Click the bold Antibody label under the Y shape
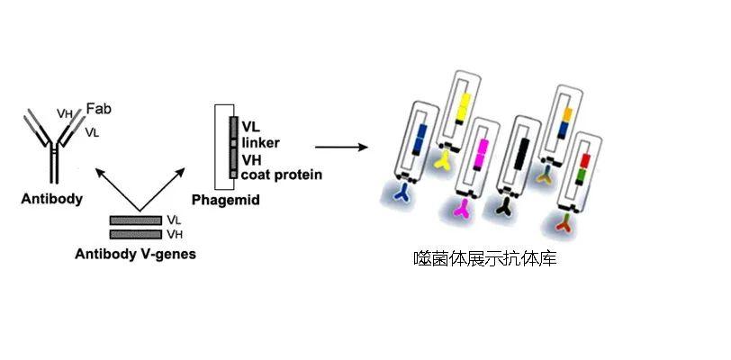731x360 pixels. [52, 199]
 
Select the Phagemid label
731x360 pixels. [226, 200]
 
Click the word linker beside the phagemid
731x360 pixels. [261, 143]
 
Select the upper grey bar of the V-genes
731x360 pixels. [135, 220]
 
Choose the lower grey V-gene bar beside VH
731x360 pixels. [135, 234]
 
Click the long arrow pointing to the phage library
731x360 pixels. [341, 146]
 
